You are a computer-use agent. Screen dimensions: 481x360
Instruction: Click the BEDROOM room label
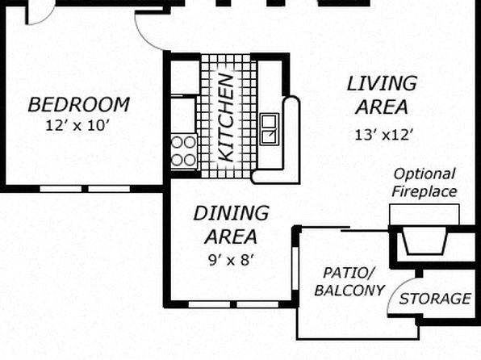pos(78,105)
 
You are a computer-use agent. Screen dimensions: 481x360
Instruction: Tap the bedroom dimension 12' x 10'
pos(77,125)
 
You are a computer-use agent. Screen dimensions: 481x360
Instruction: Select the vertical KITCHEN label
pos(227,118)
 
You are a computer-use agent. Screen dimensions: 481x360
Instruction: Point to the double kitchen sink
pos(270,129)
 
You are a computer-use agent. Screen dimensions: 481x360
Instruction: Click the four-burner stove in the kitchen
pos(184,151)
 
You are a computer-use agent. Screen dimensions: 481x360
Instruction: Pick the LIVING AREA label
pos(382,95)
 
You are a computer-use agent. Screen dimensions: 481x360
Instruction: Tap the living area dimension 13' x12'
pos(383,135)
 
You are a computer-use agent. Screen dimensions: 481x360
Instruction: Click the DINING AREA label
pos(232,224)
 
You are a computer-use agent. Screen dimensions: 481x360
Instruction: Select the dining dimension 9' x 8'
pos(231,261)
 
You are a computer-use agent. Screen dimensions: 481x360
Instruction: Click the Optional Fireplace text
pos(425,183)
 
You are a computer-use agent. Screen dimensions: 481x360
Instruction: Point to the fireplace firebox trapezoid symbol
pos(425,243)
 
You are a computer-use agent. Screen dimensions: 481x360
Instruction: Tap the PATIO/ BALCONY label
pos(349,282)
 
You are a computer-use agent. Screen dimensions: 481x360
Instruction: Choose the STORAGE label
pos(435,299)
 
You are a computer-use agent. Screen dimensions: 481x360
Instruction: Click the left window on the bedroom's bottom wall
pos(61,189)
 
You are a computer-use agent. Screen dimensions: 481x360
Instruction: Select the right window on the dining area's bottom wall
pos(257,304)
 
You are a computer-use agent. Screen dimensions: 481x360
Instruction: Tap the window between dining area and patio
pos(295,268)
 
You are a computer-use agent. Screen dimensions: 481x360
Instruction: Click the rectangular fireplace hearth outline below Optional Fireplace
pos(425,215)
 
